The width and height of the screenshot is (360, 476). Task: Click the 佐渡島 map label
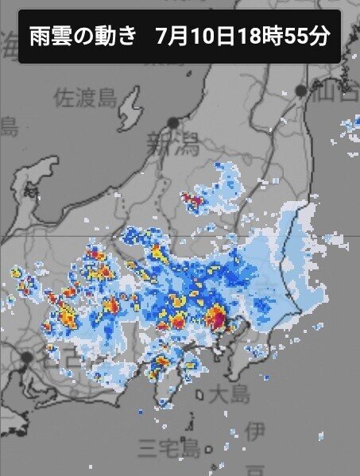coord(85,97)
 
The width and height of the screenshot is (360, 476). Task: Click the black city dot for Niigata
coord(172,122)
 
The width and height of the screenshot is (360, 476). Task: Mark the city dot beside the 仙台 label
coord(300,91)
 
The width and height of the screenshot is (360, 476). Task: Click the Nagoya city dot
coord(27,357)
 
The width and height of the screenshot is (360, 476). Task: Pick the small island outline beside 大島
coord(200,392)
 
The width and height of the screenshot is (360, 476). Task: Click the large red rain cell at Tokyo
coord(216,318)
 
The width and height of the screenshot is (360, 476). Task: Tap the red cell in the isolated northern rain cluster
coord(191,198)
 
